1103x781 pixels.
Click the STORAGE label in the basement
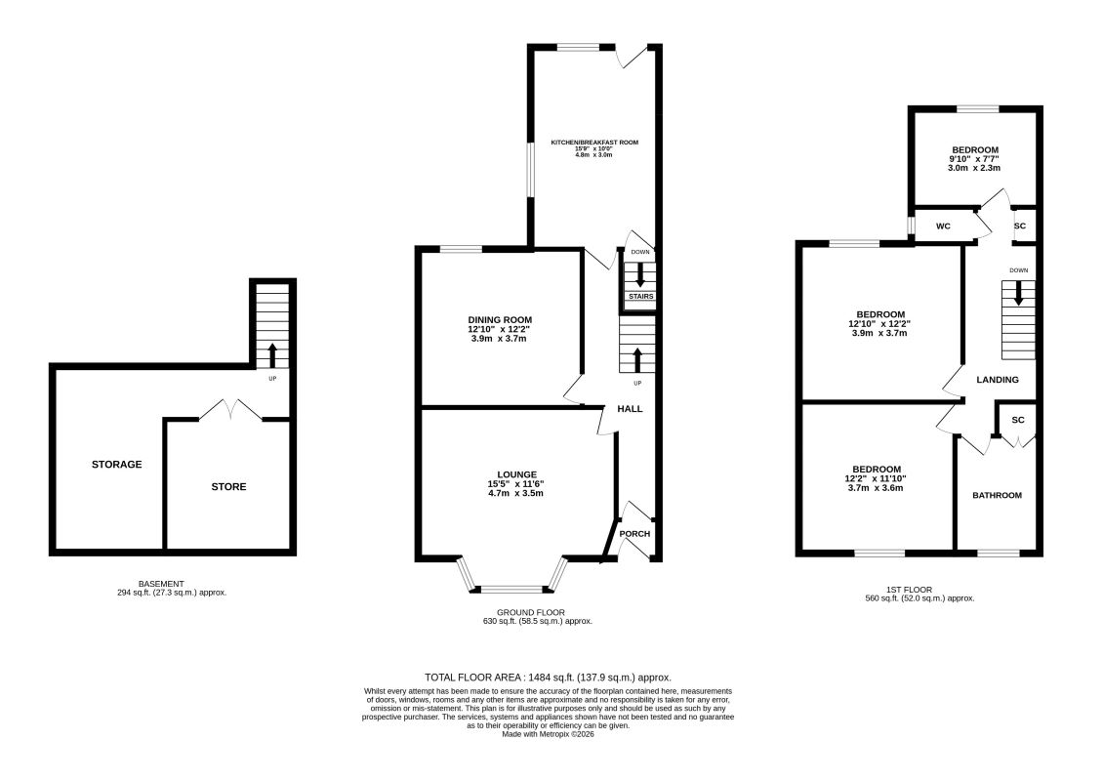pyautogui.click(x=117, y=465)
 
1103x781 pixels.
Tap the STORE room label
pyautogui.click(x=229, y=487)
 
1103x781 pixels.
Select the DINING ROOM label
pyautogui.click(x=500, y=320)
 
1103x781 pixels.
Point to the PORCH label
pyautogui.click(x=634, y=534)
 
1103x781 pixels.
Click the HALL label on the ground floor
pyautogui.click(x=631, y=409)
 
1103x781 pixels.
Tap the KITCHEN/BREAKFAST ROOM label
pyautogui.click(x=594, y=143)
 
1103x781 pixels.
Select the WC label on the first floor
pyautogui.click(x=943, y=226)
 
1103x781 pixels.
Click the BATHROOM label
pyautogui.click(x=998, y=495)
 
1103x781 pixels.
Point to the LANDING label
pyautogui.click(x=998, y=380)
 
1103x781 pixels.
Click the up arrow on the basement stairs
pyautogui.click(x=272, y=356)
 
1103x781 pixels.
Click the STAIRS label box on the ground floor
pyautogui.click(x=641, y=297)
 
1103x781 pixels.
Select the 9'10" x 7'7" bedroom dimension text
pyautogui.click(x=974, y=159)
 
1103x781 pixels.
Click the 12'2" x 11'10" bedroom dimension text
pyautogui.click(x=876, y=478)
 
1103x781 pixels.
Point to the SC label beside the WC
pyautogui.click(x=1020, y=226)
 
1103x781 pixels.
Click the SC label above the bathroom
pyautogui.click(x=1018, y=420)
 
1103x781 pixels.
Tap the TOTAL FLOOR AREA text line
pyautogui.click(x=548, y=678)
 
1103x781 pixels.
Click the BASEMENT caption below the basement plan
pyautogui.click(x=161, y=584)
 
